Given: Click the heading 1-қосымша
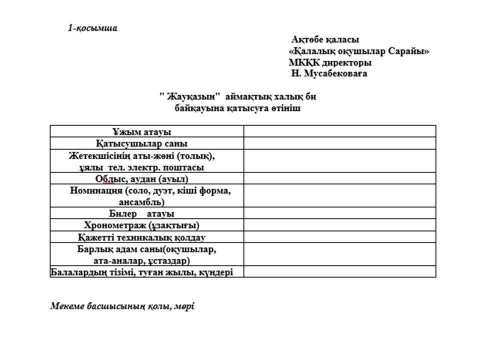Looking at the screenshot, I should pos(92,28).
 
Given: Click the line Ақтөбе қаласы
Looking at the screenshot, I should pos(325,39).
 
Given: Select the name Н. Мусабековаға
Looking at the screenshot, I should pos(329,74).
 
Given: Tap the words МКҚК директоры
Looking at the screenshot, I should pos(330,63).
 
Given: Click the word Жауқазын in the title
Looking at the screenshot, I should pos(191,96).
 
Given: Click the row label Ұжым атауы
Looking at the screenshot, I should pos(141,132).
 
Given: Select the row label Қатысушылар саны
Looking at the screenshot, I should pos(141,143).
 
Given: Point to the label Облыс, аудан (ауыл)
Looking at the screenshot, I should pos(141,178).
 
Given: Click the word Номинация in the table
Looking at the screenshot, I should pos(96,190).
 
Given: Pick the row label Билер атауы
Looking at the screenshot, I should pos(141,213).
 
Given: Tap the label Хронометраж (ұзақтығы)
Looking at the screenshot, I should pos(141,225).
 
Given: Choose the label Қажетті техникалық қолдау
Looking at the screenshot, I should pos(141,237).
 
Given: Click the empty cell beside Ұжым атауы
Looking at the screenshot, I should pos(339,131).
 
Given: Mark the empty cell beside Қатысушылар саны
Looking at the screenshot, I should pos(339,143).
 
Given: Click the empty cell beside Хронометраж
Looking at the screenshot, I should pos(339,225).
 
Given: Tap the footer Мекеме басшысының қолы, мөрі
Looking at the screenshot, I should pos(122,306).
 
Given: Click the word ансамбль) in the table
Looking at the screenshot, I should pos(141,202).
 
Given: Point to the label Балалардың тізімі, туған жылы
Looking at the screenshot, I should pos(141,272).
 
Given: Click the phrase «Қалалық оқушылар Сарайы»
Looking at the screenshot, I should pos(359,51).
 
